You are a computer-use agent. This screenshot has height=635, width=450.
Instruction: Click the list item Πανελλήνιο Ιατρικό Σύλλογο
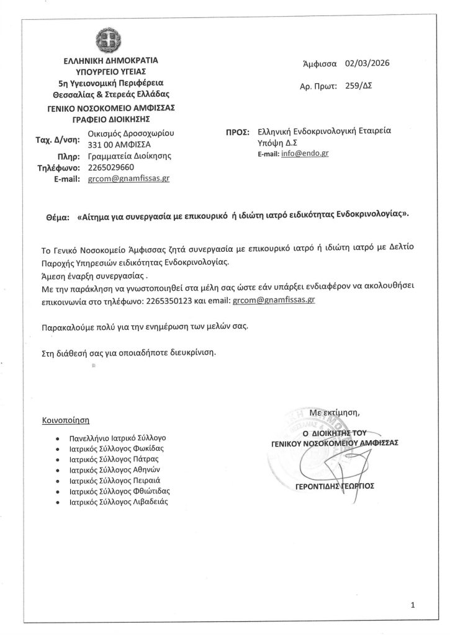click(119, 437)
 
